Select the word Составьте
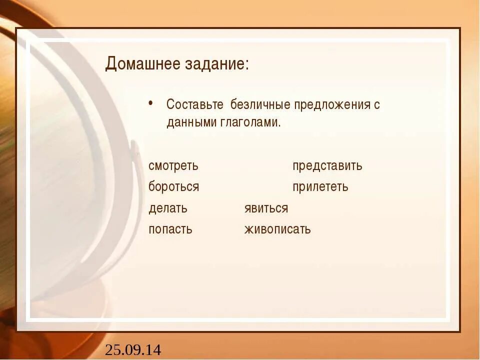pyautogui.click(x=195, y=105)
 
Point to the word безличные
pyautogui.click(x=259, y=105)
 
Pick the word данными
pyautogui.click(x=191, y=123)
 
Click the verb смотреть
pyautogui.click(x=173, y=166)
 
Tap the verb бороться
pyautogui.click(x=174, y=187)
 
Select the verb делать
pyautogui.click(x=168, y=208)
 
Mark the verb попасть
pyautogui.click(x=170, y=230)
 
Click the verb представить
pyautogui.click(x=327, y=166)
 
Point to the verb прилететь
pyautogui.click(x=320, y=187)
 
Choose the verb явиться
pyautogui.click(x=266, y=208)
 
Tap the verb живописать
pyautogui.click(x=277, y=230)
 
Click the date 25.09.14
pyautogui.click(x=133, y=350)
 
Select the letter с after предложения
pyautogui.click(x=377, y=106)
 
